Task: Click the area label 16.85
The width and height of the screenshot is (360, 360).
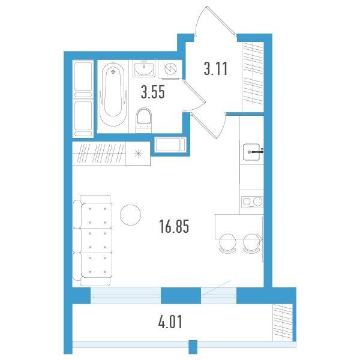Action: (x=174, y=226)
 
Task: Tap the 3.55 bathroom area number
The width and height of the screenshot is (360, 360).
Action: (x=153, y=92)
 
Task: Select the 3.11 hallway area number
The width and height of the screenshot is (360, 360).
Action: (x=215, y=68)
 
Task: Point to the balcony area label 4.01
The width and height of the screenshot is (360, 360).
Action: (x=170, y=322)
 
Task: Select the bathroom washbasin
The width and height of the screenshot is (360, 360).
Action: (x=144, y=68)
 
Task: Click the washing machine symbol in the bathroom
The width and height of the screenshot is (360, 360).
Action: (x=170, y=68)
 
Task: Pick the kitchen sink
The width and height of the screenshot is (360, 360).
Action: (x=251, y=152)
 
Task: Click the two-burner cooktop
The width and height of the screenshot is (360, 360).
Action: (x=252, y=202)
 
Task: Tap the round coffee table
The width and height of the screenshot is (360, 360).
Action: (x=130, y=215)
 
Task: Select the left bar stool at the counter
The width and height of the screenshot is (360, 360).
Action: (x=227, y=244)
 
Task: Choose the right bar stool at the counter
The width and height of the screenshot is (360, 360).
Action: (x=251, y=244)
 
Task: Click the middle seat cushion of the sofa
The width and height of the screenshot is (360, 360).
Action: (x=97, y=240)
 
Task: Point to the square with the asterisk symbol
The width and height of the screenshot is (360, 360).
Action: (x=138, y=154)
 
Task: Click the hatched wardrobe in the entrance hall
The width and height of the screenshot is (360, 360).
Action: (x=253, y=77)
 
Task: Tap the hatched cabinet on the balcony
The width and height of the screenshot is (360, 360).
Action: (x=283, y=322)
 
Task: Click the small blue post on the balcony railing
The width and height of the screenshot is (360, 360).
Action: (x=193, y=347)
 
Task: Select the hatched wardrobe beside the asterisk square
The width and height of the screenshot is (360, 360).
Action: (x=99, y=154)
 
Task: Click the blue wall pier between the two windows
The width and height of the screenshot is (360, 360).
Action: (x=181, y=295)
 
